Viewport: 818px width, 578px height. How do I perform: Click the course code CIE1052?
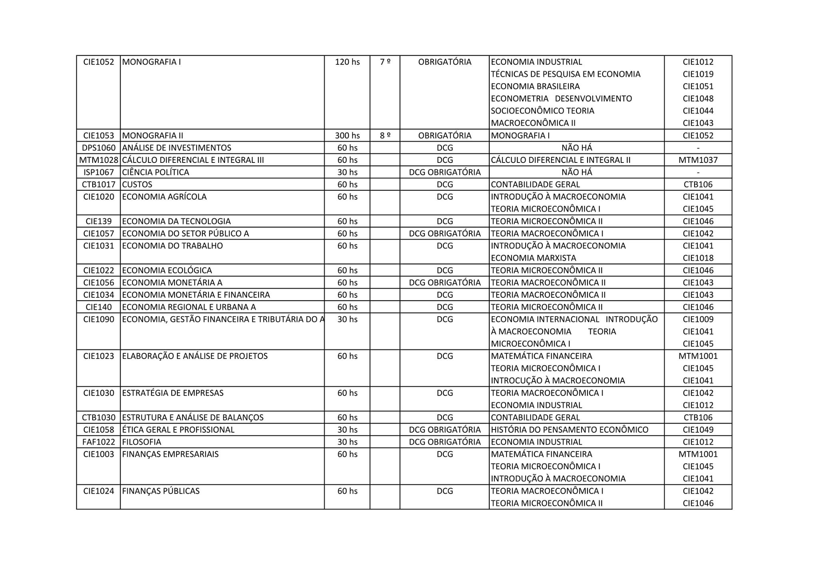99,62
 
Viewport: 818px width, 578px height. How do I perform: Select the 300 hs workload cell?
347,135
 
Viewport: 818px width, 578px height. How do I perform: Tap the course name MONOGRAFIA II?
153,135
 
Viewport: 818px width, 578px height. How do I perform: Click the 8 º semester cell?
385,135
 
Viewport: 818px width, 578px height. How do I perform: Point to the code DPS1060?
99,148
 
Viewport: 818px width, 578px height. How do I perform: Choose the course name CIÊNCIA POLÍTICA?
155,172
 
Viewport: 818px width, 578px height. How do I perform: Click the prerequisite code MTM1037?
698,160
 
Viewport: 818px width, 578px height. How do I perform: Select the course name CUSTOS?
137,184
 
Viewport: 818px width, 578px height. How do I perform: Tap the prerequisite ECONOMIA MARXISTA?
533,258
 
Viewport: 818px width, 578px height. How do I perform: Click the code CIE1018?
698,258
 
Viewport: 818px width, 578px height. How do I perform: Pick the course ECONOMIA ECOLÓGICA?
167,270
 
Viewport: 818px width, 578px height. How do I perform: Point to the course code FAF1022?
99,442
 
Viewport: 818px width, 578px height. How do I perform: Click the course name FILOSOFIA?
142,442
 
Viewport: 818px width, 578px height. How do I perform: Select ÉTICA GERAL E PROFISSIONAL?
178,430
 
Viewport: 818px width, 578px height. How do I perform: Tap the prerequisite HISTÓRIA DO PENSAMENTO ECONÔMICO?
570,430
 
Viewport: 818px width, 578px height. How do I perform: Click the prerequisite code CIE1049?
698,430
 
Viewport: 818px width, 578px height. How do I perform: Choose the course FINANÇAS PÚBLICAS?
161,491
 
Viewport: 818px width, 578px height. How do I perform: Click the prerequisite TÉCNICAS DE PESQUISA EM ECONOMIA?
566,74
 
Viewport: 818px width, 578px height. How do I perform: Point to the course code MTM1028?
99,160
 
